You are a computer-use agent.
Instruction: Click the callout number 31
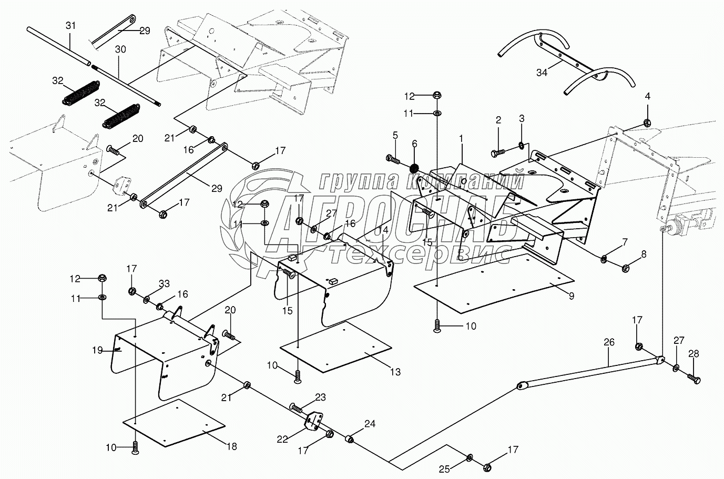point(70,26)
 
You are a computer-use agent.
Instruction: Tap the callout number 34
point(542,73)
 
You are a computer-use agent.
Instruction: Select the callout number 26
point(609,342)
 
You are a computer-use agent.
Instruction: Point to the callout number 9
point(572,295)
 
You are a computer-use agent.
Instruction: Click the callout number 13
point(395,372)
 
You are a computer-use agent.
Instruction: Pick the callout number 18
point(232,446)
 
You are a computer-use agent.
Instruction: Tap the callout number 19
point(97,350)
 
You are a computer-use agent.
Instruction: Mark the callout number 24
point(370,424)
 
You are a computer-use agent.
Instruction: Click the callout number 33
point(164,284)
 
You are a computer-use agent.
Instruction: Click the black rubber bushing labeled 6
point(414,168)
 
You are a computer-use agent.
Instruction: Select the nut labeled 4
point(647,123)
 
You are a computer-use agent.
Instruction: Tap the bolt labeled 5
point(393,159)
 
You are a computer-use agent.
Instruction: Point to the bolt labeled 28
point(694,379)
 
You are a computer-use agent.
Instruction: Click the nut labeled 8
point(626,268)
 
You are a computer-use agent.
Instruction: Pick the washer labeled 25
point(470,457)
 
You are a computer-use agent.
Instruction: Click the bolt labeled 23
point(295,408)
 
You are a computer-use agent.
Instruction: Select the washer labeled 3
point(522,145)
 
